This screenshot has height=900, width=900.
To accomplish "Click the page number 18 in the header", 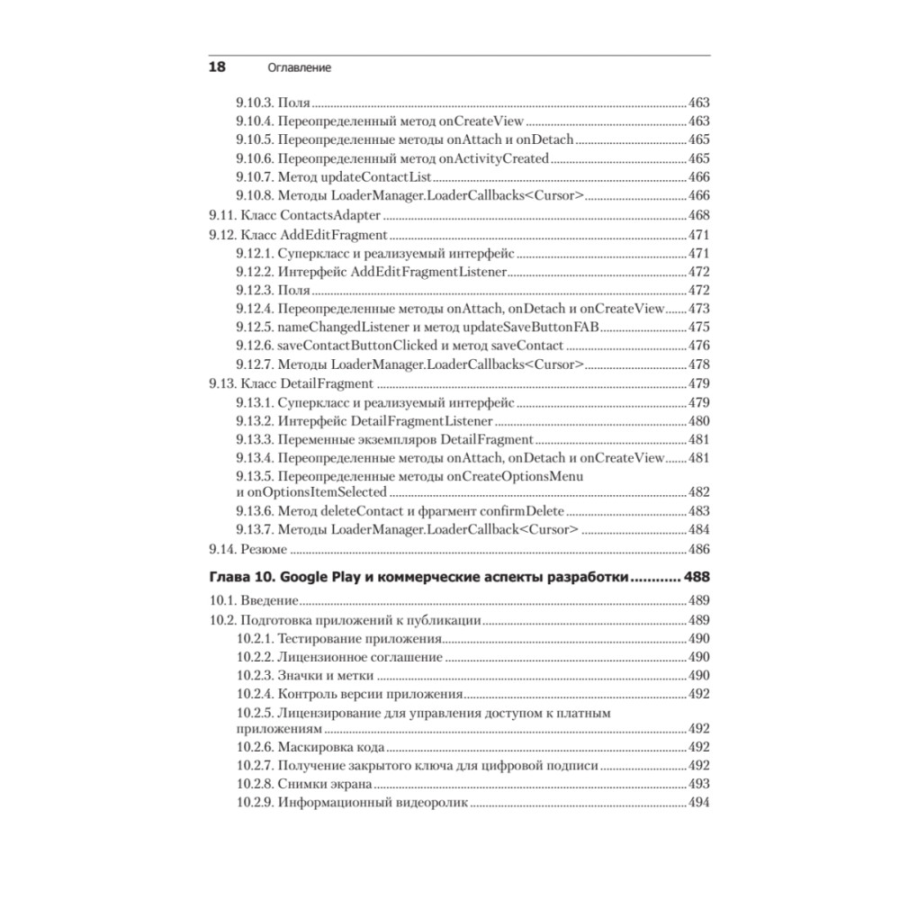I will click(x=217, y=67).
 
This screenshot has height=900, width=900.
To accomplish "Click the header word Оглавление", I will click(x=301, y=68).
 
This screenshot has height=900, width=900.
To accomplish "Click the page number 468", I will click(x=698, y=215).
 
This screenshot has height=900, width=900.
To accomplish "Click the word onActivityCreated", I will click(x=499, y=157).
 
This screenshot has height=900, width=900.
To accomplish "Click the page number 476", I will click(x=698, y=346).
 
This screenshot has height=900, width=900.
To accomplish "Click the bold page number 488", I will click(x=697, y=577).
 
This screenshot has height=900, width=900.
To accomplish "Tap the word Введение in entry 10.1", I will click(x=270, y=600).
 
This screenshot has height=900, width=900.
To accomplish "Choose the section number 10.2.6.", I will click(x=255, y=747).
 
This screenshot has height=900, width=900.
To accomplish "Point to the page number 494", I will click(x=698, y=803).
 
